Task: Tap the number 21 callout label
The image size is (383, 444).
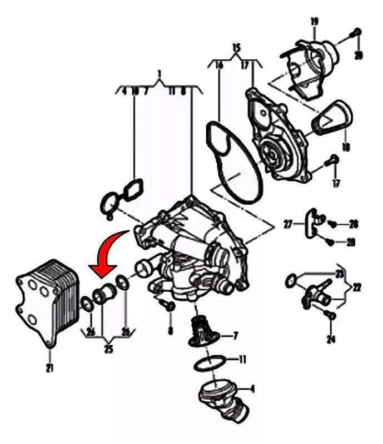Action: coord(49,368)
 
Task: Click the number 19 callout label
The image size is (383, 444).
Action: coord(314,22)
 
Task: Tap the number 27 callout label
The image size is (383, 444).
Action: coord(288,225)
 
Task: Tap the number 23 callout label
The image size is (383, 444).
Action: coord(340,273)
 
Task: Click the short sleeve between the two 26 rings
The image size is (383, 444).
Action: coord(103,295)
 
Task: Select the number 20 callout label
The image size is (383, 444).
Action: coord(358,55)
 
